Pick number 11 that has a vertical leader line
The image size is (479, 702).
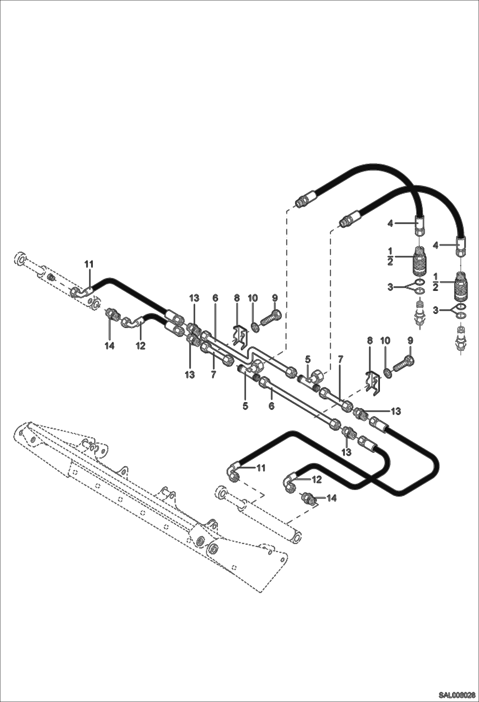coord(89,264)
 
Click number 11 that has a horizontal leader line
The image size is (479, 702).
coord(261,468)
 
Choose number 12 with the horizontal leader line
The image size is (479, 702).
coord(317,479)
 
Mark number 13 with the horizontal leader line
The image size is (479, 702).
coord(396,411)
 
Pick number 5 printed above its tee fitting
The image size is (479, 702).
coord(308,359)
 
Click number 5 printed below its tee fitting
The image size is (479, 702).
coord(245,406)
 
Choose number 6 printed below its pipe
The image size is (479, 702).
coord(271,406)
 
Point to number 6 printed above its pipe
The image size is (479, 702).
coord(215,298)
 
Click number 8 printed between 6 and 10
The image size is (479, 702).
coord(237,298)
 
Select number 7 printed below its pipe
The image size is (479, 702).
coord(213,374)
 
